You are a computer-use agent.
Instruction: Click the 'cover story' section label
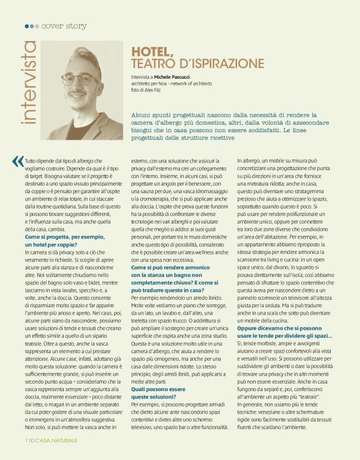tap(64, 26)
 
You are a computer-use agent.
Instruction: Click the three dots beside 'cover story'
tap(31, 26)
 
